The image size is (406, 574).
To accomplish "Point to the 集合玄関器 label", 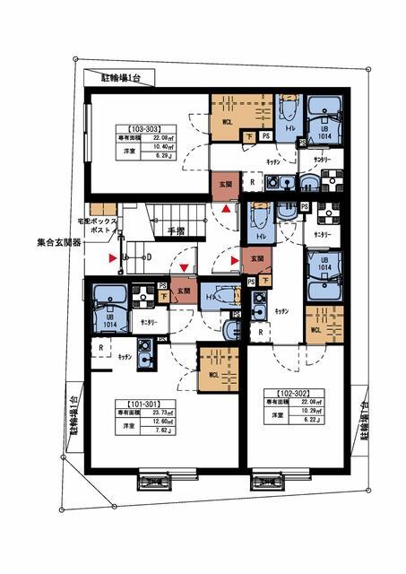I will pyautogui.click(x=59, y=242).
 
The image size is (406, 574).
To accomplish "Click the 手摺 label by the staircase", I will pyautogui.click(x=175, y=230).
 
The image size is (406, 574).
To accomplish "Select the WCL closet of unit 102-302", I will pyautogui.click(x=315, y=328).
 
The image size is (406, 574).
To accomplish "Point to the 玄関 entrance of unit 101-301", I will pyautogui.click(x=184, y=291).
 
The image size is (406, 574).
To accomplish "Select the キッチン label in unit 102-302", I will pyautogui.click(x=281, y=309).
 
